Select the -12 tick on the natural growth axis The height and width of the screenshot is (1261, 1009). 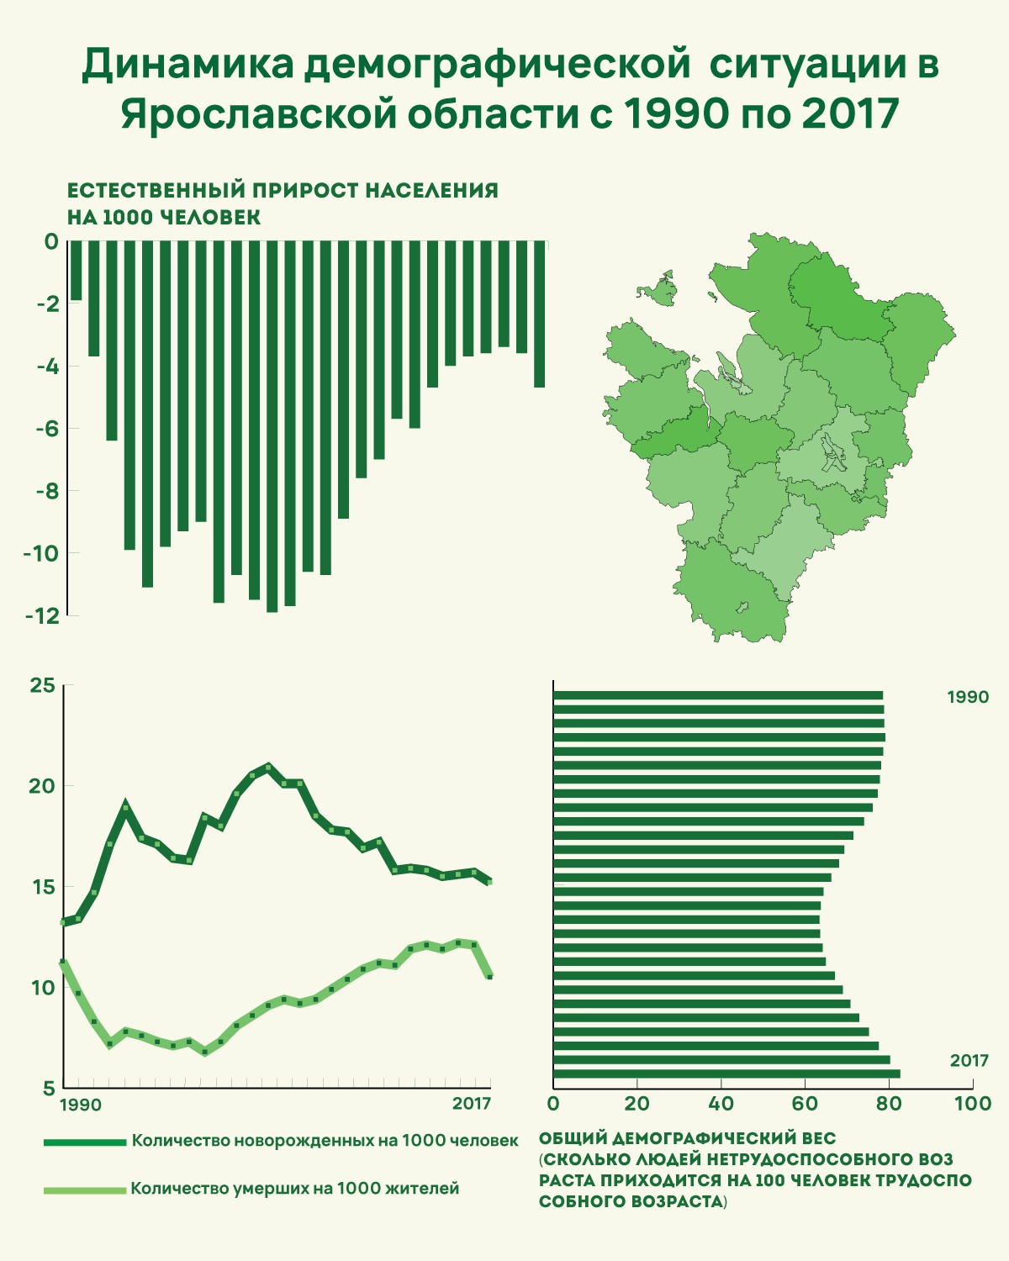(42, 615)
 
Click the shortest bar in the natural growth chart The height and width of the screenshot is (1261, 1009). (77, 271)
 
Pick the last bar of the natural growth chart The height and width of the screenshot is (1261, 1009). (540, 314)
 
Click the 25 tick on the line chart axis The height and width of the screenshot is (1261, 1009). (42, 686)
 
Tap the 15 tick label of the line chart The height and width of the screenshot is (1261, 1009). (42, 887)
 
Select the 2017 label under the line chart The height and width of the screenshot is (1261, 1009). (472, 1104)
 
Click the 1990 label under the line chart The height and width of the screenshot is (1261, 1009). (81, 1104)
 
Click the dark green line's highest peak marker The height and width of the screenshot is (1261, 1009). (268, 767)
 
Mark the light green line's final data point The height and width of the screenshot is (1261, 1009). (489, 976)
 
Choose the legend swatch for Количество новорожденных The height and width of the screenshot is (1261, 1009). (84, 1142)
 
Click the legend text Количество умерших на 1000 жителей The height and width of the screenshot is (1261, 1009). (295, 1189)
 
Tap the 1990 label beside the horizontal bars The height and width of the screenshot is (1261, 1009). (968, 697)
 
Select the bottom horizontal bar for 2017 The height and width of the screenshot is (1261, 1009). (726, 1074)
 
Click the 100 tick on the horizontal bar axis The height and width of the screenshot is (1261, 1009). (973, 1104)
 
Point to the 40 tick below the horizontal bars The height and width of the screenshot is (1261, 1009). (721, 1104)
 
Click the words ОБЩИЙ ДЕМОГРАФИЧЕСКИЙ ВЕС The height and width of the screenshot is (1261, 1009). (687, 1139)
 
